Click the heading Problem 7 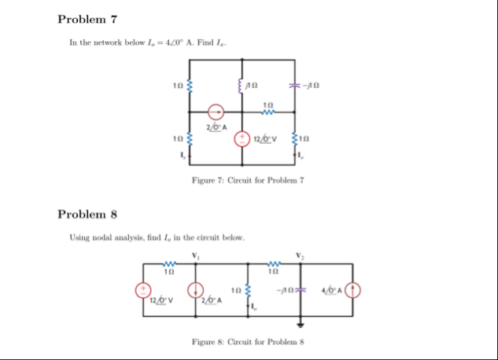pos(87,18)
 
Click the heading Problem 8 pos(87,214)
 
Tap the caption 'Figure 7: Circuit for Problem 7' pos(248,182)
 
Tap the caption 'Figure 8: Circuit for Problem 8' pos(248,343)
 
